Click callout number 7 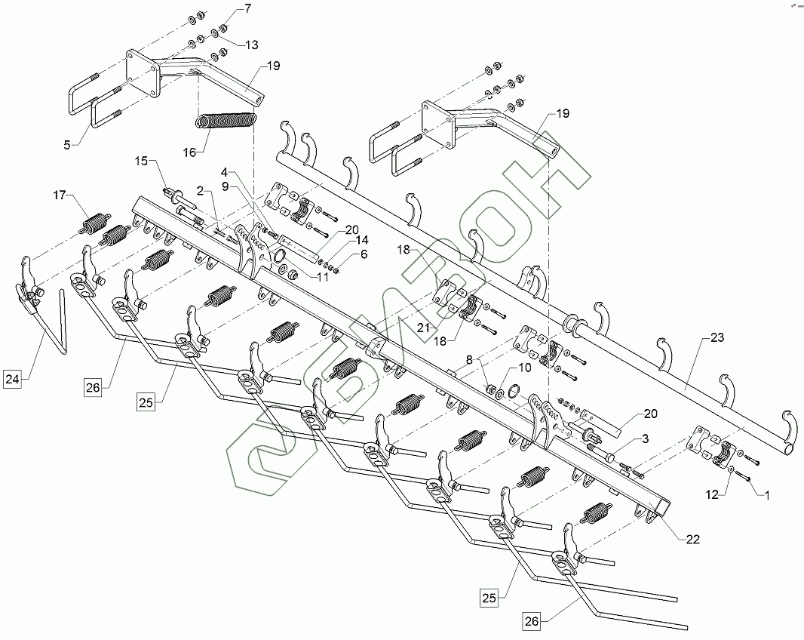pyautogui.click(x=246, y=8)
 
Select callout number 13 pyautogui.click(x=251, y=44)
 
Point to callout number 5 pyautogui.click(x=67, y=143)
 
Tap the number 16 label pyautogui.click(x=189, y=152)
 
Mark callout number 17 pyautogui.click(x=59, y=195)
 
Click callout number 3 pyautogui.click(x=645, y=438)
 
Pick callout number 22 pyautogui.click(x=692, y=539)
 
